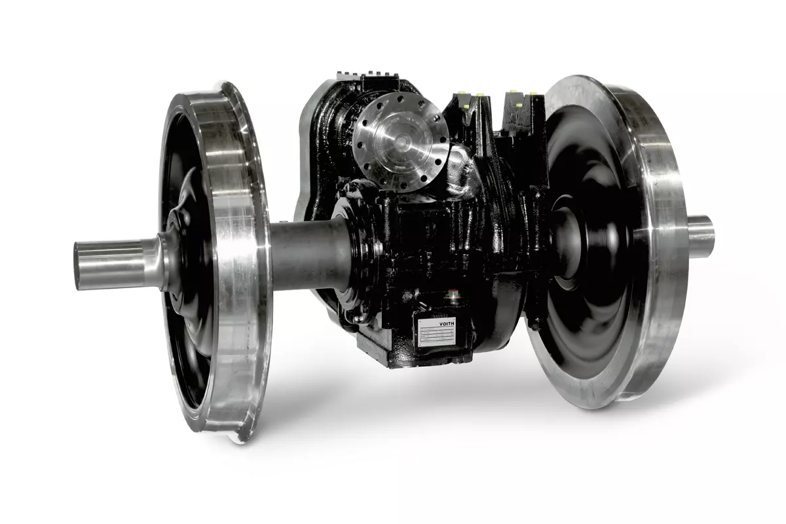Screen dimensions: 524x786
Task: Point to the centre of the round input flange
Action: pos(400,141)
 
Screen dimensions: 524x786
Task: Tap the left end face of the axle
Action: pos(77,266)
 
